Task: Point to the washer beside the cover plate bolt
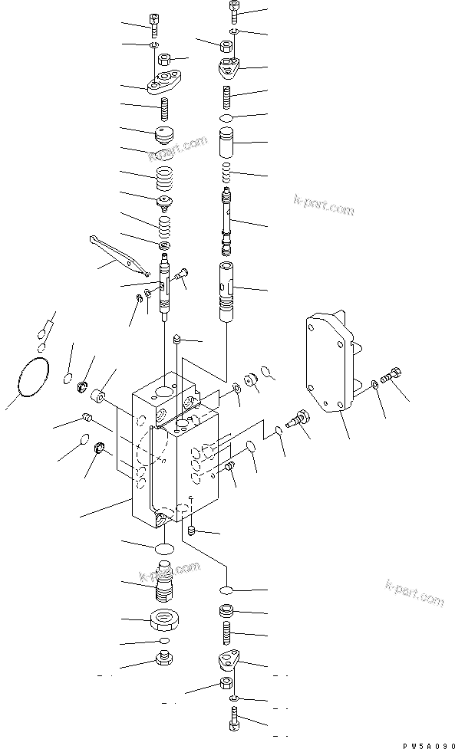(x=374, y=383)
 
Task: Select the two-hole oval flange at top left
(x=164, y=83)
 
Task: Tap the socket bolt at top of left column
(x=156, y=24)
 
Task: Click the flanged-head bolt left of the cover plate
(x=296, y=419)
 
